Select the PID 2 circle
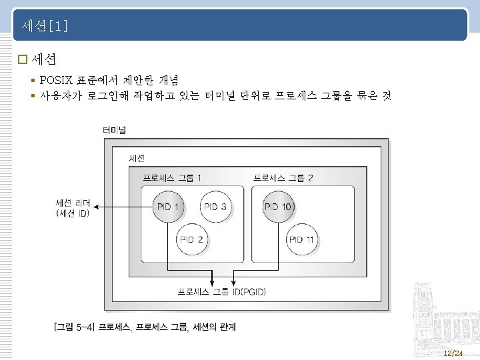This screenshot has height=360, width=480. [191, 239]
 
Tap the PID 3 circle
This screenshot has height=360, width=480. [215, 207]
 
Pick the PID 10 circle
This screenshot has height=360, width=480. [278, 207]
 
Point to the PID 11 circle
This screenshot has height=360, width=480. [302, 239]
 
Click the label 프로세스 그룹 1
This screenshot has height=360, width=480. [173, 178]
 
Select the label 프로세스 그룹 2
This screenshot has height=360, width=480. [283, 178]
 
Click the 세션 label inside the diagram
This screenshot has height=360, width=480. [137, 158]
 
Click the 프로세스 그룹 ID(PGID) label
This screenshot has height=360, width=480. [221, 292]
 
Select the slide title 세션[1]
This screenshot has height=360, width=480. [45, 26]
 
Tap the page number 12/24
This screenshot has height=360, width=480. [453, 353]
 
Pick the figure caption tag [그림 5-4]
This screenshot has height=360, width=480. [74, 327]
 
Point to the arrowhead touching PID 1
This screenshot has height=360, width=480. [151, 207]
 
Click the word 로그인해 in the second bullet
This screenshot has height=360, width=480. [108, 96]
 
